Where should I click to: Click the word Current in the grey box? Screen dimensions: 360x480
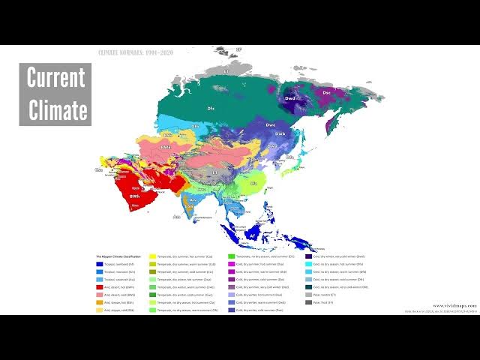(x=56, y=78)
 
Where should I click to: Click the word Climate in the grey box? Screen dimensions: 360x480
(x=58, y=109)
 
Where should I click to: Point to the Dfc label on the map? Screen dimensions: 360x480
(x=211, y=109)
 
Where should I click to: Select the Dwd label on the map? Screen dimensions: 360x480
(x=292, y=97)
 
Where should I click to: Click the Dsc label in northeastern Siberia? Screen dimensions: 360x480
(x=326, y=92)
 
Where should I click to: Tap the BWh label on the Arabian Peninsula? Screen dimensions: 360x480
(x=134, y=196)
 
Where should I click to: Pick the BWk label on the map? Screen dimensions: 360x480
(x=166, y=148)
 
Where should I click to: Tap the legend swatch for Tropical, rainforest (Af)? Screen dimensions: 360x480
(x=99, y=264)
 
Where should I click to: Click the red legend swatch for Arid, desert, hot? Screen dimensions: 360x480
(x=99, y=286)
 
